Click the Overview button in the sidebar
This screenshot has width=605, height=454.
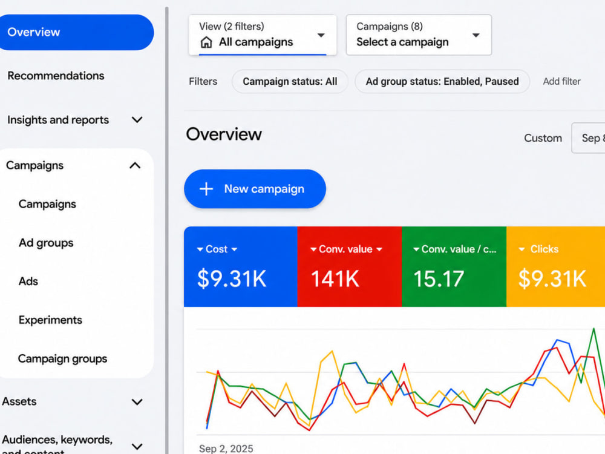click(x=76, y=33)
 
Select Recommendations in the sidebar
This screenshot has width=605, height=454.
click(x=56, y=76)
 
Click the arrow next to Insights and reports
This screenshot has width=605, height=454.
click(x=137, y=120)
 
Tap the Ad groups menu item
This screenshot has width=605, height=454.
click(x=46, y=243)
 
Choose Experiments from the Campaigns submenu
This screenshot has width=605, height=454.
click(x=51, y=320)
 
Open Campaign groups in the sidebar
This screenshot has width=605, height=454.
click(x=62, y=358)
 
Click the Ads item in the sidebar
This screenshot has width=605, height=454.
click(x=28, y=281)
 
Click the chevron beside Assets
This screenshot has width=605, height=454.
click(x=137, y=402)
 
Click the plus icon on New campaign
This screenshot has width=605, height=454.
click(x=206, y=189)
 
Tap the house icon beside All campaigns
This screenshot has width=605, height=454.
click(x=206, y=42)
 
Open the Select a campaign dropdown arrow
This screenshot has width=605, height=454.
click(x=476, y=35)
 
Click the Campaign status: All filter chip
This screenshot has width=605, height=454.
click(x=290, y=82)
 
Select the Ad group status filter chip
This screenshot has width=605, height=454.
click(x=442, y=82)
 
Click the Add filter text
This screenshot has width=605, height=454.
click(x=562, y=82)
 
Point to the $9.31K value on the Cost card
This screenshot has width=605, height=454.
click(x=232, y=278)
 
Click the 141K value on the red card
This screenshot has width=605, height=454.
click(x=335, y=278)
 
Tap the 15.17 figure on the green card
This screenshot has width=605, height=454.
click(x=439, y=278)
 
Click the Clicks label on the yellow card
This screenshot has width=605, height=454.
click(x=544, y=249)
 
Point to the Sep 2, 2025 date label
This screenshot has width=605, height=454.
click(x=226, y=449)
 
